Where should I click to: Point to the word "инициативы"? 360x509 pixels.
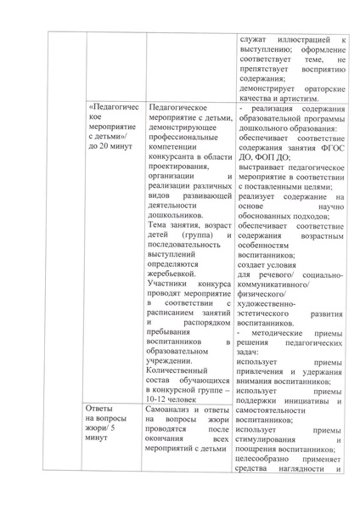[305, 401]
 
